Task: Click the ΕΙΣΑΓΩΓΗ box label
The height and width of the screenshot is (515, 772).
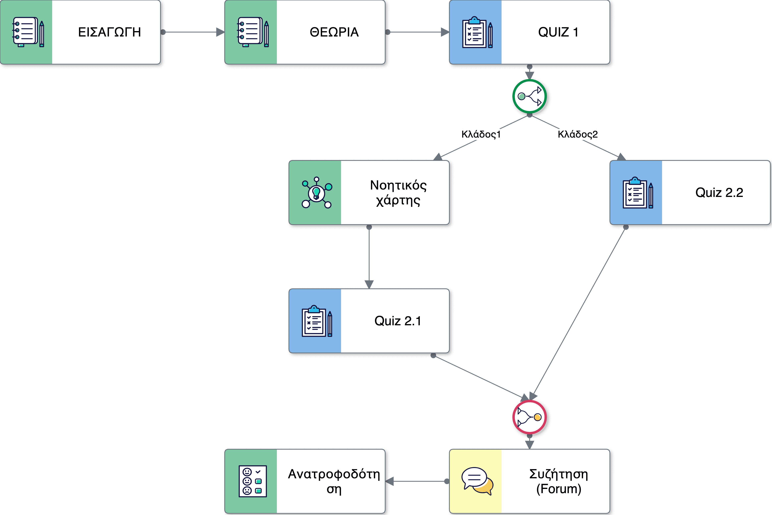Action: (x=109, y=32)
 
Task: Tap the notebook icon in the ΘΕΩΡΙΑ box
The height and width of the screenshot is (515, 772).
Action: (x=252, y=32)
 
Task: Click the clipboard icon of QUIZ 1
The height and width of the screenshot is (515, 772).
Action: (x=477, y=32)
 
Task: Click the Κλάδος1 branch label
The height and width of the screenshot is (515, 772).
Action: (x=481, y=134)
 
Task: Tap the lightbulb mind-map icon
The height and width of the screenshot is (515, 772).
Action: (x=316, y=193)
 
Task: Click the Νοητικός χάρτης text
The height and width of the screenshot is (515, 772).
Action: (x=398, y=193)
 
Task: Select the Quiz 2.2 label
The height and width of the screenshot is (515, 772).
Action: (x=719, y=193)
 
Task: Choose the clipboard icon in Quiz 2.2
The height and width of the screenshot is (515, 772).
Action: (x=638, y=193)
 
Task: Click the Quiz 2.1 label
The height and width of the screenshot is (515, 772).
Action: (x=397, y=321)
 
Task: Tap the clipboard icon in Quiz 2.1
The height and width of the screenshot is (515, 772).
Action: (x=316, y=321)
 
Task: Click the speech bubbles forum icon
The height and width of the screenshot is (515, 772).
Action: (x=477, y=481)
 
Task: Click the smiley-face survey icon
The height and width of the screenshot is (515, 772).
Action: (x=252, y=481)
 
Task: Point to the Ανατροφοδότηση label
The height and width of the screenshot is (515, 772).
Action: (x=334, y=481)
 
